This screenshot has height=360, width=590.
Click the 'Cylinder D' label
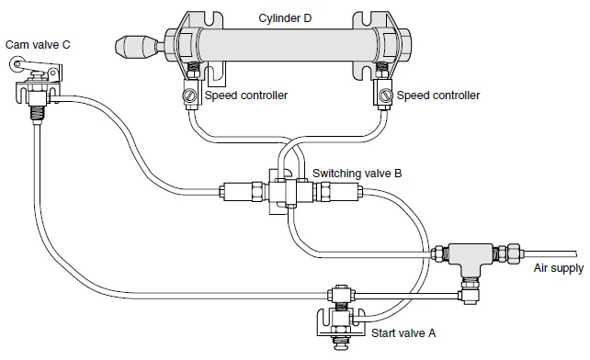284,16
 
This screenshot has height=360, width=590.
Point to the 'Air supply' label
558,267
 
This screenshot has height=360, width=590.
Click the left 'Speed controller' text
245,95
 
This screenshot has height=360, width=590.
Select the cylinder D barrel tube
285,44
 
